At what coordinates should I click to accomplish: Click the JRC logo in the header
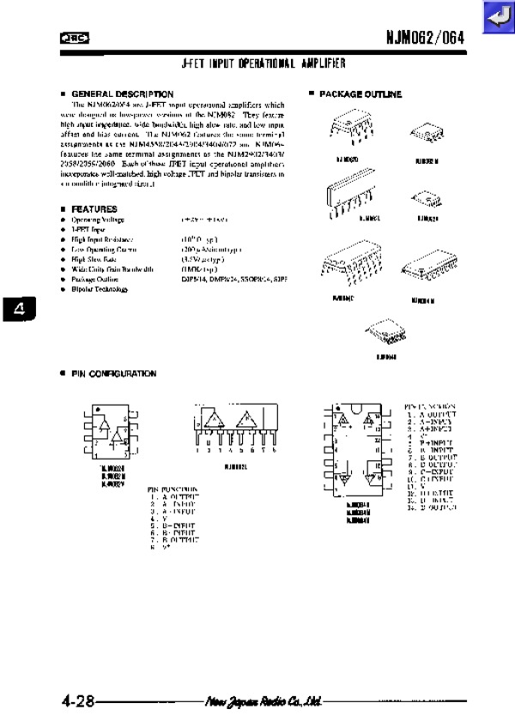76,38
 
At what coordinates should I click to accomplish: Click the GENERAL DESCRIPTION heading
122,93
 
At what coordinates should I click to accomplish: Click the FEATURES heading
94,209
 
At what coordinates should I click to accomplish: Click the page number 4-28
77,701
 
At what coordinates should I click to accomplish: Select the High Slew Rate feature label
94,258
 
